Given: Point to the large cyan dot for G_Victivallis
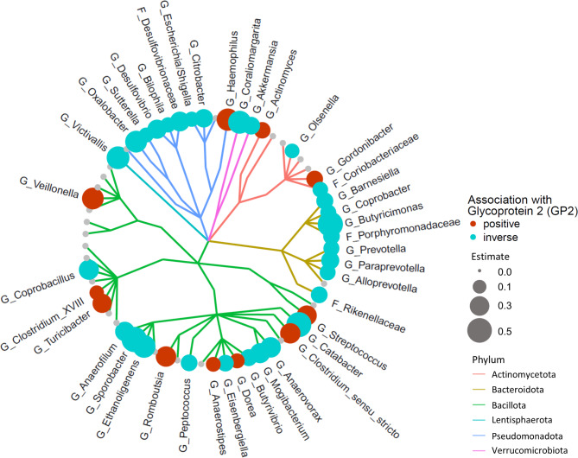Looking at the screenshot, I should pyautogui.click(x=118, y=156).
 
